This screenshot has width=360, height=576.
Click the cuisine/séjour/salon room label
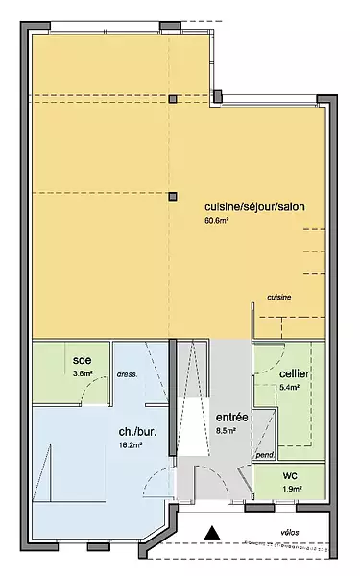[x=254, y=206]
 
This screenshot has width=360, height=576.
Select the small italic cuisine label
[x=279, y=298]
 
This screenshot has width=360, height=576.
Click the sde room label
[x=83, y=360]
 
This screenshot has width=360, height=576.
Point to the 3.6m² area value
[x=83, y=373]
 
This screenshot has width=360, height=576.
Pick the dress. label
[x=127, y=375]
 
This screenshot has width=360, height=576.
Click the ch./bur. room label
[x=137, y=432]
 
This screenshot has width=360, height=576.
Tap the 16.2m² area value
[x=131, y=445]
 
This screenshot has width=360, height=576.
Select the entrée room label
[x=231, y=418]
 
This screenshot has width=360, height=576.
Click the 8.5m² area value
[x=226, y=431]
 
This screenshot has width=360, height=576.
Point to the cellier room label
[x=295, y=374]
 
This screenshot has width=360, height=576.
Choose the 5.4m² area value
[x=290, y=387]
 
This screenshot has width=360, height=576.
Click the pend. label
[x=265, y=455]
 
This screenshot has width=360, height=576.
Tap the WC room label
[x=290, y=476]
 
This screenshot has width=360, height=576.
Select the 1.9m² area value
[x=293, y=489]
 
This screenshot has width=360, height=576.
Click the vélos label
[x=290, y=532]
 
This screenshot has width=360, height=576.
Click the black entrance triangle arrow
[x=212, y=533]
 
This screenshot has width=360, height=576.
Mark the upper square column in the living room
[x=173, y=99]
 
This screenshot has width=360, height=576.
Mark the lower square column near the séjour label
[x=173, y=197]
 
